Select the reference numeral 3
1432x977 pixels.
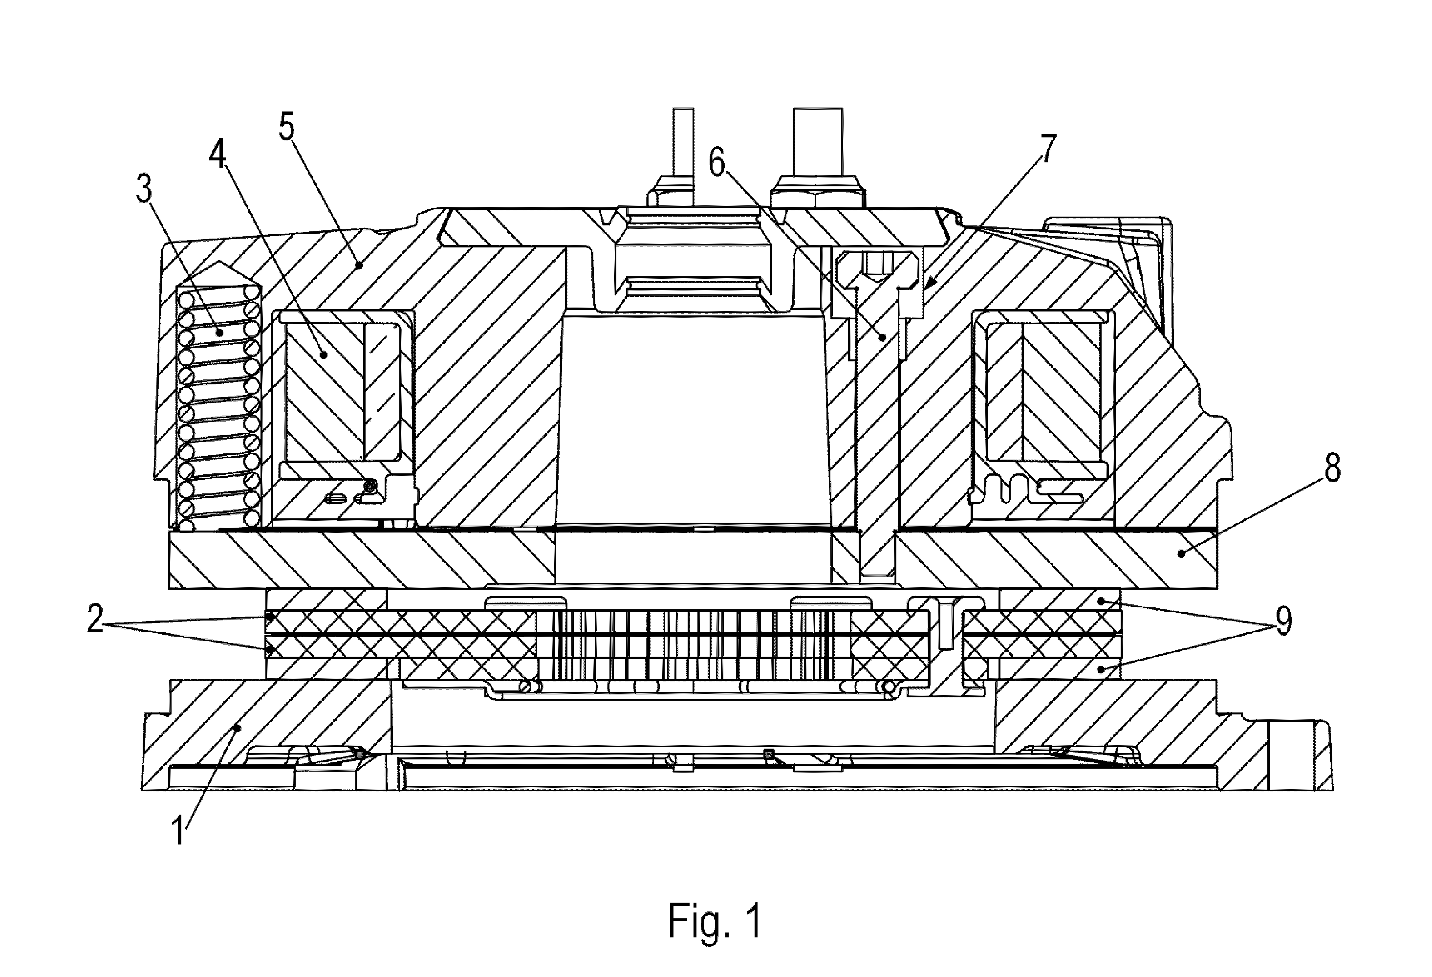tap(144, 191)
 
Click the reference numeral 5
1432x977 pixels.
tap(286, 128)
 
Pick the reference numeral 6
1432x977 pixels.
tap(716, 163)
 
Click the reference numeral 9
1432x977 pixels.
tap(1283, 622)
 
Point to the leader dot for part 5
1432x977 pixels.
tap(359, 266)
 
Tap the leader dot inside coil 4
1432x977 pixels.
tap(324, 355)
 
